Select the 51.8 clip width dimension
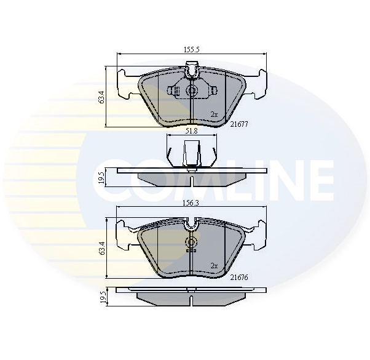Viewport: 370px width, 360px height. pos(191,131)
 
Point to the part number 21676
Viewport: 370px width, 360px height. pos(238,278)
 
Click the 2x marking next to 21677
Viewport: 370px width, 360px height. pos(213,114)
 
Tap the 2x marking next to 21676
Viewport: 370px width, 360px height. pos(214,266)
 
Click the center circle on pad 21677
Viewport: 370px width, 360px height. pos(191,91)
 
